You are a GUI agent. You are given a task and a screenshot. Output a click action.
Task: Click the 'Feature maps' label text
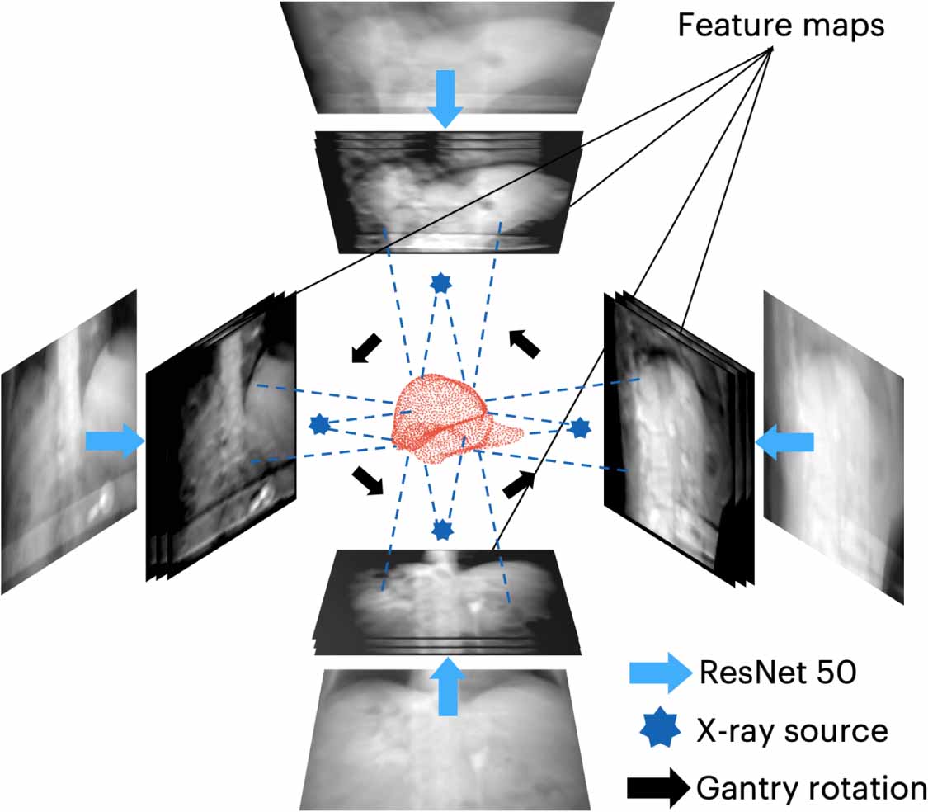[x=780, y=26]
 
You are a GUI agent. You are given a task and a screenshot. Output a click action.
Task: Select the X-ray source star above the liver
[x=441, y=284]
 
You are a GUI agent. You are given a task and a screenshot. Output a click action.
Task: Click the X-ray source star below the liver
[x=443, y=528]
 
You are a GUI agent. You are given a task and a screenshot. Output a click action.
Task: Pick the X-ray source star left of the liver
[x=319, y=424]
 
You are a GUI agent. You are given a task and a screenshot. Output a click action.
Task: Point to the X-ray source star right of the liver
[x=581, y=427]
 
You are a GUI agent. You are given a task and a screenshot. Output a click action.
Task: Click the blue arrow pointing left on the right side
[x=784, y=443]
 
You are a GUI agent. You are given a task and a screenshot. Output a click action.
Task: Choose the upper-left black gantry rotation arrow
[x=366, y=347]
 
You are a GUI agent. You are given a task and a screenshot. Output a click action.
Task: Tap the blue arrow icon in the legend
[x=658, y=674]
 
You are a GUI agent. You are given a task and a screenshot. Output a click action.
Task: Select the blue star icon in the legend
[x=657, y=732]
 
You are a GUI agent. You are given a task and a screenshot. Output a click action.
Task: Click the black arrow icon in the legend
[x=658, y=789]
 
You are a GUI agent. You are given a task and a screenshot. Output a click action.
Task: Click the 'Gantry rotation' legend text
[x=812, y=789]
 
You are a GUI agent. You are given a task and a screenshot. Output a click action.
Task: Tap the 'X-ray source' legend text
[x=792, y=732]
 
